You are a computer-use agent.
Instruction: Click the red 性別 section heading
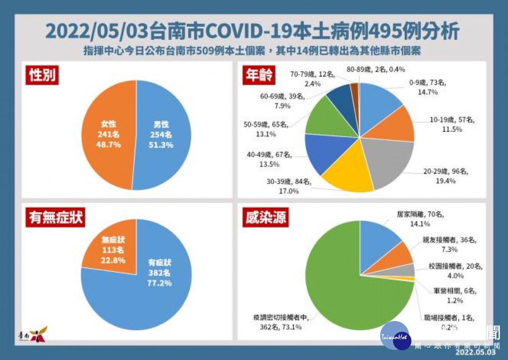click(42, 75)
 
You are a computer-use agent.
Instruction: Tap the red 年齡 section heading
click(258, 75)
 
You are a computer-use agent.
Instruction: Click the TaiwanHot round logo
click(395, 336)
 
